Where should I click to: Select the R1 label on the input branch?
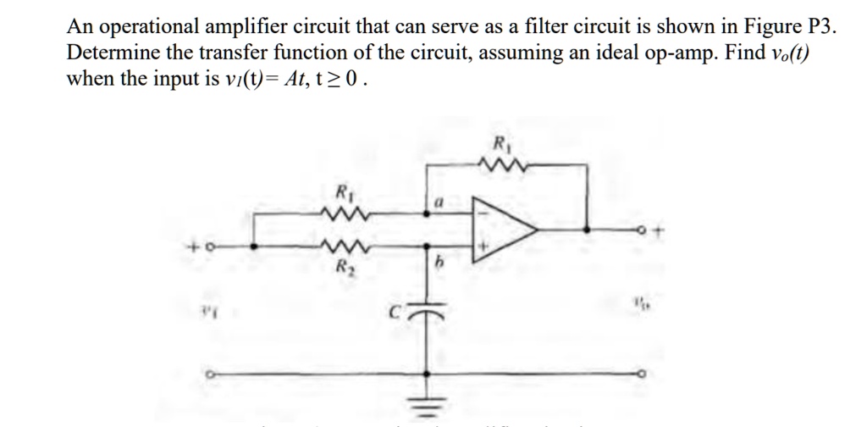click(343, 191)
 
